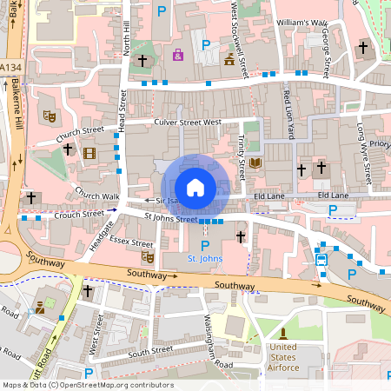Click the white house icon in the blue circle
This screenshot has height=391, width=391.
[195, 187]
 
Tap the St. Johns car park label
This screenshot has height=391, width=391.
[205, 259]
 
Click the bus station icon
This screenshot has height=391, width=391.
[321, 258]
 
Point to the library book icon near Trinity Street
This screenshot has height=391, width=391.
[255, 162]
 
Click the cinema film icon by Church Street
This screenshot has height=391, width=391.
[89, 154]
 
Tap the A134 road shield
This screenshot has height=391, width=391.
[11, 66]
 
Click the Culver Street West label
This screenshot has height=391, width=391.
[187, 123]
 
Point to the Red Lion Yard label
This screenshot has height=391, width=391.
[288, 109]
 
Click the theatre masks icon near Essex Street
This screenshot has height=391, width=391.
[148, 256]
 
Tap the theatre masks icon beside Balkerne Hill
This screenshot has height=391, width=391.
[50, 115]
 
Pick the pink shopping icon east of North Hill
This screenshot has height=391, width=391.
[178, 56]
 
